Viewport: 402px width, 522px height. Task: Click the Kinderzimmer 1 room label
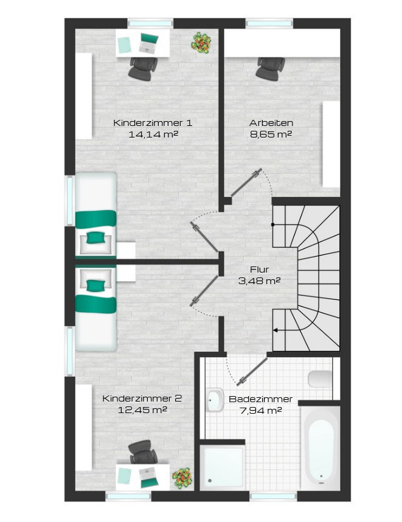tap(153, 122)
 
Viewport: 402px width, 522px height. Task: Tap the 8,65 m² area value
tap(271, 134)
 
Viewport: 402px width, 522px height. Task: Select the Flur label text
tap(259, 269)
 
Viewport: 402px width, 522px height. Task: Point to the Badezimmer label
tap(260, 399)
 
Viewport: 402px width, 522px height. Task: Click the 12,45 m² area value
tap(142, 410)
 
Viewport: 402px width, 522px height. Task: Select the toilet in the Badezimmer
tap(320, 380)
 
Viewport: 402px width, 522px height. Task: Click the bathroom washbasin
tap(215, 400)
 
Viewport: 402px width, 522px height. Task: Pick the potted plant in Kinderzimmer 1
tap(201, 43)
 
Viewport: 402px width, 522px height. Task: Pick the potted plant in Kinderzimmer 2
tap(182, 478)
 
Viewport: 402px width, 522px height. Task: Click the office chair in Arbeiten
tap(271, 69)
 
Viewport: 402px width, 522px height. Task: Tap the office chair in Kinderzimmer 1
tap(143, 69)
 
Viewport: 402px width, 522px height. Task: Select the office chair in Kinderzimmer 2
tap(143, 452)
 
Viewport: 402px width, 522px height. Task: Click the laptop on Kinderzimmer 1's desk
tap(148, 43)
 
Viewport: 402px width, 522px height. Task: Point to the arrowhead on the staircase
tap(276, 330)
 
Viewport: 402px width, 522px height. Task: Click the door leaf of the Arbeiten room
tap(246, 183)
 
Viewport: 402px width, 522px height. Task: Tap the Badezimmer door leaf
tap(252, 372)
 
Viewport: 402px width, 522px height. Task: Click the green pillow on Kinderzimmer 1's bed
tap(95, 238)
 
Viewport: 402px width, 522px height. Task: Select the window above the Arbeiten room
tap(269, 23)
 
